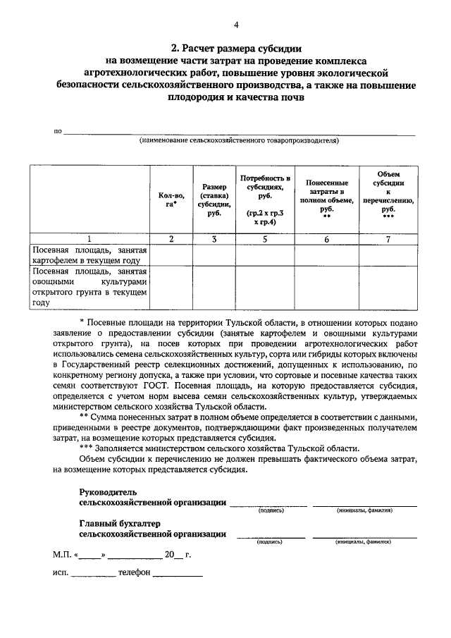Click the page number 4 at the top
[236, 25]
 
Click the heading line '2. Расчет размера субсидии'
[235, 49]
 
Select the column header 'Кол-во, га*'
[171, 200]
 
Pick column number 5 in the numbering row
[266, 239]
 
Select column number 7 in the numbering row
[388, 239]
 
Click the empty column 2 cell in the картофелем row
[171, 255]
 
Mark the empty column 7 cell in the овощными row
[388, 287]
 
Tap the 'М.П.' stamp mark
[62, 555]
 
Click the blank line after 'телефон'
[178, 573]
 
